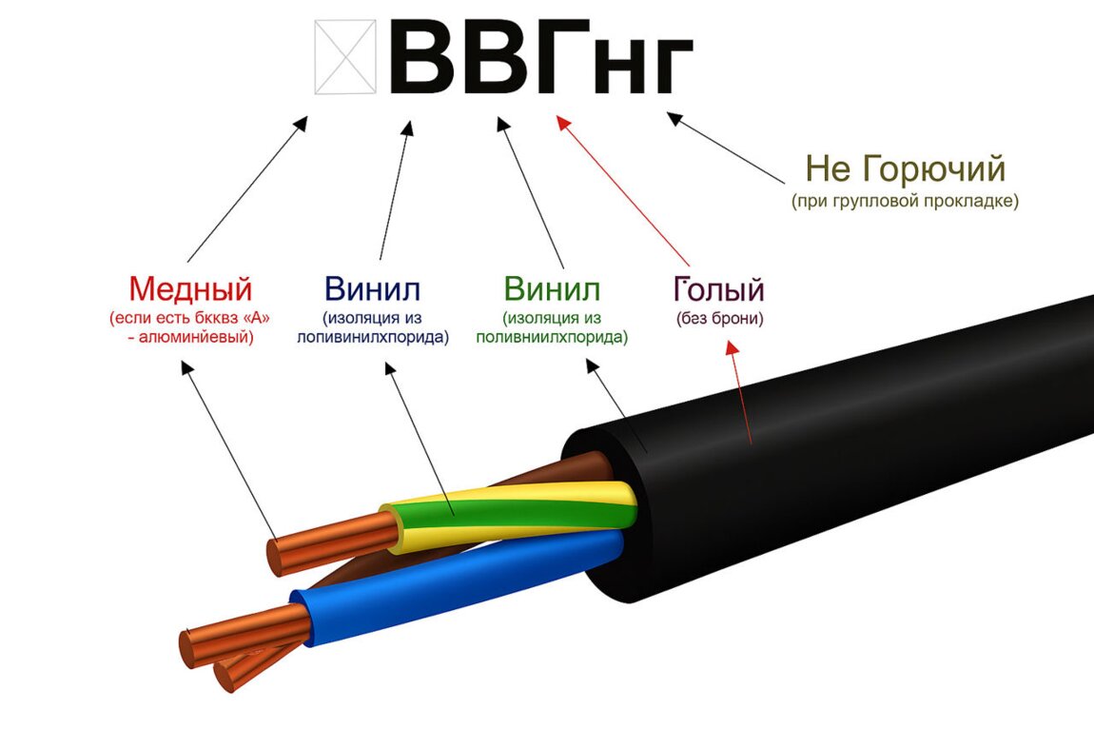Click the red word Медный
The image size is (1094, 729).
pyautogui.click(x=190, y=288)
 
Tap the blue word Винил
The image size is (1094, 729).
pyautogui.click(x=372, y=288)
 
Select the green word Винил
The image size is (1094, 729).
pyautogui.click(x=552, y=288)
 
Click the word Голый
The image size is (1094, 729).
pyautogui.click(x=719, y=288)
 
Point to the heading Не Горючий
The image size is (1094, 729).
pyautogui.click(x=905, y=169)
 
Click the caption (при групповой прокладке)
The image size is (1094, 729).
pyautogui.click(x=905, y=202)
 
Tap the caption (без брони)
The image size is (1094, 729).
pyautogui.click(x=720, y=319)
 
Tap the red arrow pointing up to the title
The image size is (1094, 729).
pyautogui.click(x=623, y=190)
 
